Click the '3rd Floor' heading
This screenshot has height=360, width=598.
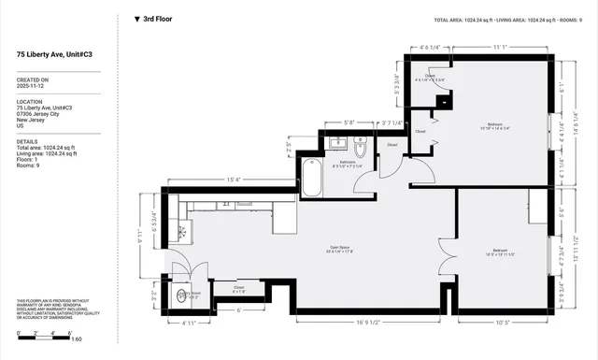coord(157,18)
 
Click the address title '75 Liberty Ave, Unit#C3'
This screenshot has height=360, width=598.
coord(55,55)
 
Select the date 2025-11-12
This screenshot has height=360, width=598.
coord(33,86)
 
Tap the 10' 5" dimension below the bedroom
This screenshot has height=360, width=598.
coord(502,323)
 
